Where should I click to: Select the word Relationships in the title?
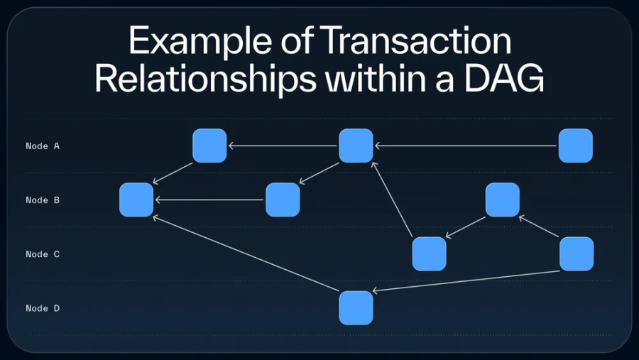coord(206,79)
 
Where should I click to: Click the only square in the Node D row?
coord(356,307)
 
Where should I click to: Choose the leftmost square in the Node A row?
coord(209,146)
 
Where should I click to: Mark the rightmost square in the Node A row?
coord(575,146)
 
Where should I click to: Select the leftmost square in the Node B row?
coord(136,200)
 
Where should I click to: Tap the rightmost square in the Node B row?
coord(502,200)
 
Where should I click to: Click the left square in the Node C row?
coord(429,253)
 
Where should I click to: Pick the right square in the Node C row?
coord(576,253)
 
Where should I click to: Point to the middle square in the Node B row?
coord(283,200)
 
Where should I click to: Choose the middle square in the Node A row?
coord(356,146)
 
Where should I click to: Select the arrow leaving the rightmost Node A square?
coord(466,146)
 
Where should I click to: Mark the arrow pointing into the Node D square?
coord(466,281)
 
